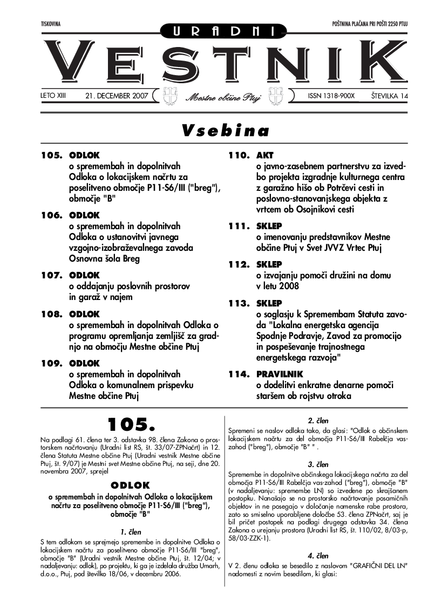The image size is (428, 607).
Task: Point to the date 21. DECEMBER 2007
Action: coord(116,96)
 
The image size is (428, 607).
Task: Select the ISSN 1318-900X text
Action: coord(331,96)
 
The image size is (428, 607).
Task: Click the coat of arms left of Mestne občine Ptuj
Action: coord(169,96)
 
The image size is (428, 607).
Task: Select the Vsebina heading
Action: coord(225,131)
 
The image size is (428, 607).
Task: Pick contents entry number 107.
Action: coord(52,276)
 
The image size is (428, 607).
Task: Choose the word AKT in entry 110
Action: coord(265,155)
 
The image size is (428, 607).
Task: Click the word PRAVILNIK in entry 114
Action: coord(280,374)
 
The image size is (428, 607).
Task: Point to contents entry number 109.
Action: coord(52,363)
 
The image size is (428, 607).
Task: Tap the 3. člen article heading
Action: coord(318,464)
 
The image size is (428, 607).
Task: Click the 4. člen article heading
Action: coord(318,555)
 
